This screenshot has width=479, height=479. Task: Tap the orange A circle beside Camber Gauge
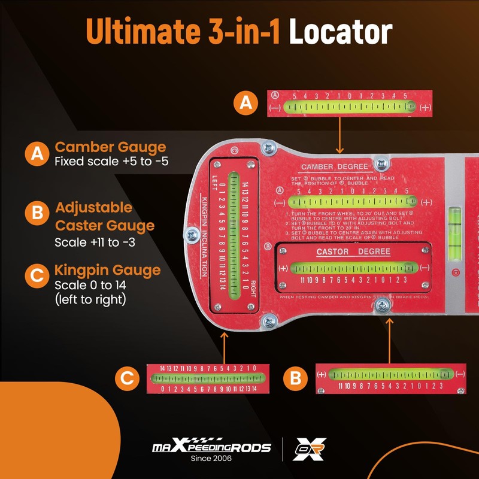click(x=37, y=154)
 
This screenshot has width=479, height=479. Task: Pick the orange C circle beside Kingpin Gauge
click(x=37, y=276)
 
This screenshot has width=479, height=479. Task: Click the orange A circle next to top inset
click(x=244, y=103)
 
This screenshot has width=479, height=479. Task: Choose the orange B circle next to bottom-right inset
click(x=295, y=378)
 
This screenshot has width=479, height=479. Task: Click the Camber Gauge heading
click(x=110, y=147)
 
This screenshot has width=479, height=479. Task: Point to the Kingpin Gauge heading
click(x=108, y=270)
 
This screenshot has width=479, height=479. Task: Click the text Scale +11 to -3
click(x=93, y=243)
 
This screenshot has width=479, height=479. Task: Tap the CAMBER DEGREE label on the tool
click(x=338, y=166)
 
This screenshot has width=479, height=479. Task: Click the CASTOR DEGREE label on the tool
click(x=353, y=251)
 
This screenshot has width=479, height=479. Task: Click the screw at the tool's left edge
click(x=193, y=234)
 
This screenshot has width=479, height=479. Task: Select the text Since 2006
click(x=211, y=459)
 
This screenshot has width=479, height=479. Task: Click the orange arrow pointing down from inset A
click(x=339, y=135)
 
